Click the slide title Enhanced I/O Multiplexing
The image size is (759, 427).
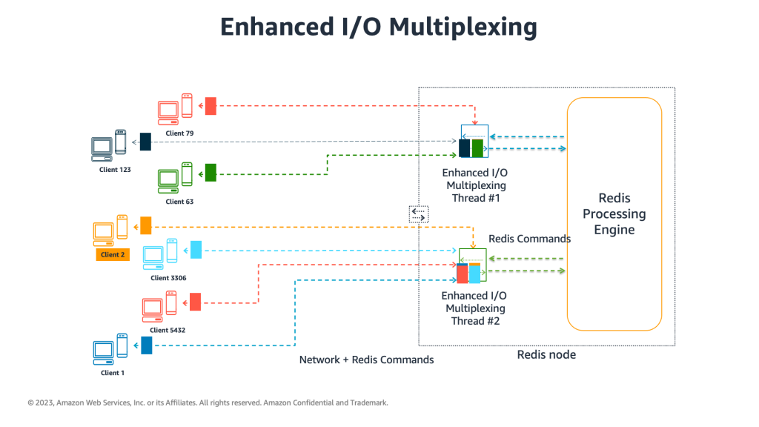[379, 26]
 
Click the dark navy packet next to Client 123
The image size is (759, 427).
[145, 142]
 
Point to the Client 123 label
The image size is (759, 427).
[115, 170]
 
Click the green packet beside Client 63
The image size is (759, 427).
[211, 173]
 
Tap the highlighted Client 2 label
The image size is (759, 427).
[113, 254]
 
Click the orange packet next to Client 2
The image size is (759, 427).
[145, 225]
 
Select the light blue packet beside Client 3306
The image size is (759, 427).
[196, 250]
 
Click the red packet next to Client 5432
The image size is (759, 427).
[195, 302]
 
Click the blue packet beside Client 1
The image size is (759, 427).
[146, 345]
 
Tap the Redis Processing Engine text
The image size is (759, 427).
[614, 213]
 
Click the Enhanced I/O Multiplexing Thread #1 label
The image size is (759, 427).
[474, 185]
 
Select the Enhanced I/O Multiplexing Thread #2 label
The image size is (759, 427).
[475, 308]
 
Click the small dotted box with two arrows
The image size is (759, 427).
[419, 214]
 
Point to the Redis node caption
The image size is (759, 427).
[546, 355]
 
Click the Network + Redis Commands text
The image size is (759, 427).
[366, 360]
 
